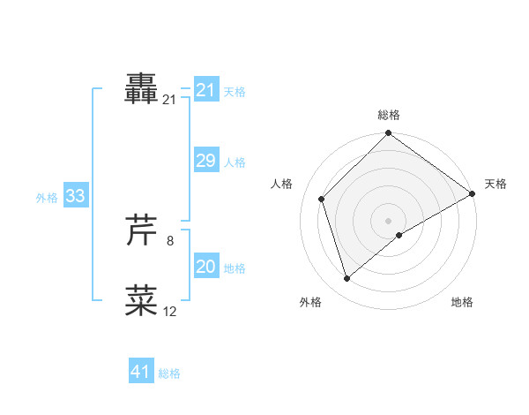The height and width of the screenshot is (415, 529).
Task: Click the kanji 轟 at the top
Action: [x=142, y=90]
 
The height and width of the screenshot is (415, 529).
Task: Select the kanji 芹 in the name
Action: [x=142, y=230]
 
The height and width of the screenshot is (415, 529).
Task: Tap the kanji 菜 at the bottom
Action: [x=142, y=300]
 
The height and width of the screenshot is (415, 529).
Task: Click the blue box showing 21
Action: [x=206, y=90]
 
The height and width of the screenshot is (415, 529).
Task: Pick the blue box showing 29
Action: [x=206, y=161]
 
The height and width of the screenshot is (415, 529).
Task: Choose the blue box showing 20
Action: [x=206, y=267]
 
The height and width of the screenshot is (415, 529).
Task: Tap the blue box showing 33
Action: [x=75, y=196]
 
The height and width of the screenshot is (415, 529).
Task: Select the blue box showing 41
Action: [x=141, y=372]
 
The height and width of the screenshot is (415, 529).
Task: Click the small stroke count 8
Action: [x=170, y=239]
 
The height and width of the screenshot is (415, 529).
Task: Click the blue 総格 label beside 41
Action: [x=169, y=373]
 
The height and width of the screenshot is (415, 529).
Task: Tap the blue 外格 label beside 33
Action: [x=47, y=198]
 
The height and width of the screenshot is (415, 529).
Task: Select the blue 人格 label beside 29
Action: [x=235, y=162]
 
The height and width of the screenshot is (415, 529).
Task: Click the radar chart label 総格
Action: [x=389, y=115]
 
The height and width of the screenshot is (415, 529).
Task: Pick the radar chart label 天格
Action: [x=495, y=184]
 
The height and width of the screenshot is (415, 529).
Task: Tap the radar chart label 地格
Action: [x=462, y=303]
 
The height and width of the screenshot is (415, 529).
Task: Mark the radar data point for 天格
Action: [x=473, y=193]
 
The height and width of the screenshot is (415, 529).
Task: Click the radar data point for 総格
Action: [x=389, y=134]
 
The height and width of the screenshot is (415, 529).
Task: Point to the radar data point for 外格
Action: [x=347, y=279]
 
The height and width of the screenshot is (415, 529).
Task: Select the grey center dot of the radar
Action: [x=389, y=221]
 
